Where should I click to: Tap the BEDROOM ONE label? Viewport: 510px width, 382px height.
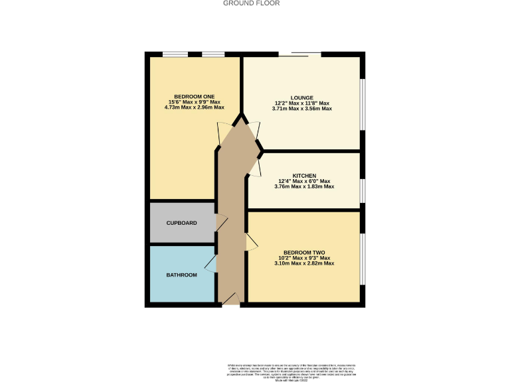tap(195, 95)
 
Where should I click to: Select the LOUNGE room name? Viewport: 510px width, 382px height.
tap(302, 97)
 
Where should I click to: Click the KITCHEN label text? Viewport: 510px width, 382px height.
tap(303, 175)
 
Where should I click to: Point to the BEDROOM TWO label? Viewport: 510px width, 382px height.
tap(303, 252)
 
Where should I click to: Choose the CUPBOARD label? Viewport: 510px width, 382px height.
tap(181, 223)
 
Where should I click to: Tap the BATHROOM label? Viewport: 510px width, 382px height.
tap(181, 275)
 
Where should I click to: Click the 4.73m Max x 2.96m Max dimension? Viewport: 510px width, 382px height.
tap(195, 107)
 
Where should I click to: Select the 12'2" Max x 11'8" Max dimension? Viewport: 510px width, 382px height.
tap(302, 103)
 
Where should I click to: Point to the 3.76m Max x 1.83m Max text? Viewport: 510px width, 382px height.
tap(303, 187)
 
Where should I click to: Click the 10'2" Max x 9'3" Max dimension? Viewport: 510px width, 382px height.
tap(303, 258)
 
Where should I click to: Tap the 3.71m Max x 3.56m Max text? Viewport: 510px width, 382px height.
tap(302, 109)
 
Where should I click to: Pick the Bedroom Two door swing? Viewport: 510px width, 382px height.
tap(251, 243)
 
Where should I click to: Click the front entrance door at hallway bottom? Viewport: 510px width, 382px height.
tap(230, 300)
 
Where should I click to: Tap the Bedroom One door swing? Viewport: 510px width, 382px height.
tap(224, 133)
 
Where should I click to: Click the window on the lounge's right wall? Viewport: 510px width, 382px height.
tap(362, 103)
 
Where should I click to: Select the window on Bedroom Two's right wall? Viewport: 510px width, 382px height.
tap(363, 259)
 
